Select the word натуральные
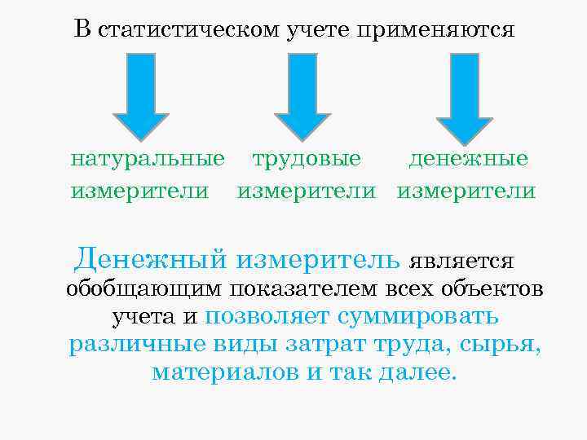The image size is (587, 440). [147, 158]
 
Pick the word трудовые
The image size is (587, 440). [306, 158]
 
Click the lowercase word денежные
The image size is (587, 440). [469, 158]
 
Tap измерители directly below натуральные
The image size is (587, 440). [139, 191]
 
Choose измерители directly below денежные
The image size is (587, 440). [466, 191]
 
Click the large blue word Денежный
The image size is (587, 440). [151, 260]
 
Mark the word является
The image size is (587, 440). [461, 262]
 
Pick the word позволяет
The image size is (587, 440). [262, 318]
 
